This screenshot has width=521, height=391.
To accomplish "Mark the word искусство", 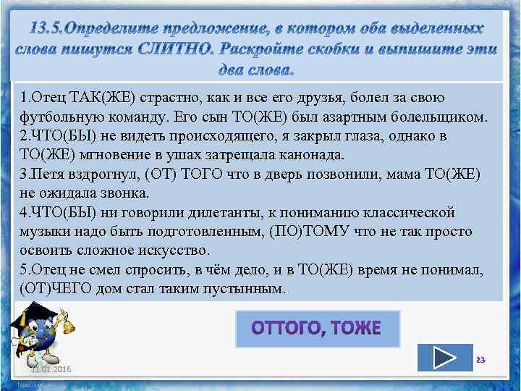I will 173,251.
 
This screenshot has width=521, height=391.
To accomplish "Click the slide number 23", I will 479,360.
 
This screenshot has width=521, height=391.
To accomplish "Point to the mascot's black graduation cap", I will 35,313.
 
